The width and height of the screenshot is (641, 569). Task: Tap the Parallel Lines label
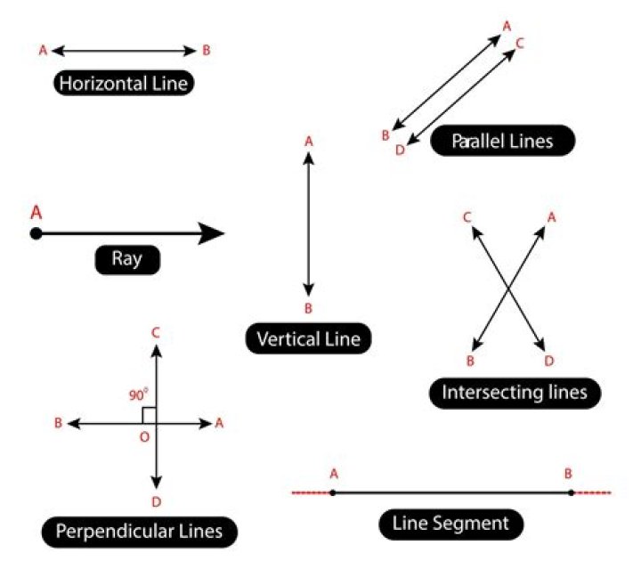click(x=502, y=141)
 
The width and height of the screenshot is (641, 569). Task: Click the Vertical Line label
click(x=307, y=338)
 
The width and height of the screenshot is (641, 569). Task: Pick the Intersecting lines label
click(x=515, y=392)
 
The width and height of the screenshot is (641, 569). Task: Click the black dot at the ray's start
click(x=36, y=234)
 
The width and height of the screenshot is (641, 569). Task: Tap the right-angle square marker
click(x=150, y=415)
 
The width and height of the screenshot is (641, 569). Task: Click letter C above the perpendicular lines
click(x=156, y=333)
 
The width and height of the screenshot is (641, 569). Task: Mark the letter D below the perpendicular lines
click(x=156, y=502)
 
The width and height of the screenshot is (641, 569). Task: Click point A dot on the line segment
click(x=332, y=492)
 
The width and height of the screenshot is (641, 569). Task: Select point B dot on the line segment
click(x=571, y=492)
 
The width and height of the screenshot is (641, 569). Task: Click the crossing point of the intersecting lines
click(x=507, y=288)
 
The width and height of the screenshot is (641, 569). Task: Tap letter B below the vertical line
click(x=308, y=308)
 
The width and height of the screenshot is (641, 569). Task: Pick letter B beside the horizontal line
click(x=207, y=51)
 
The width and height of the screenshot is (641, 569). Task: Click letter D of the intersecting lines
click(x=549, y=361)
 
